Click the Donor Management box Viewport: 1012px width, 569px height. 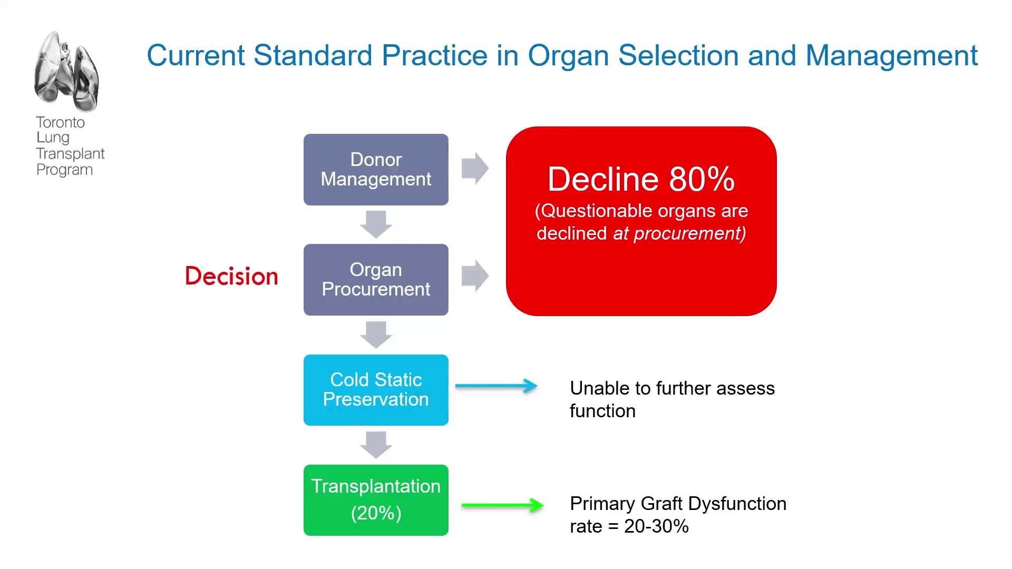coord(376,170)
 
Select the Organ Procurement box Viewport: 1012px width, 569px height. coord(376,280)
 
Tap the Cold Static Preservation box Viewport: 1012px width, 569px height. coord(376,390)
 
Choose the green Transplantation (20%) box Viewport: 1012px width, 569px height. coord(376,500)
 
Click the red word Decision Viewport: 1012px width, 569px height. coord(231,276)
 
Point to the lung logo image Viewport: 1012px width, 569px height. coord(66,71)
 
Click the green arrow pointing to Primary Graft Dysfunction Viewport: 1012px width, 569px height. coord(502,505)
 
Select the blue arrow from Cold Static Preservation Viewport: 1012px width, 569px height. coord(497,386)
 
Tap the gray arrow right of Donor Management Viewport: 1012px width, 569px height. coord(475,169)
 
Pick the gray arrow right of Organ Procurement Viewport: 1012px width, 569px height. coord(475,276)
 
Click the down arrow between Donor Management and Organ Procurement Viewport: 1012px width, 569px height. coord(376,224)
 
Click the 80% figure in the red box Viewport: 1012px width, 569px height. coord(702,179)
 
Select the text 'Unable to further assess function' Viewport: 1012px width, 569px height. coord(672,399)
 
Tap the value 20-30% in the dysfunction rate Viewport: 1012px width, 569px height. coord(656,526)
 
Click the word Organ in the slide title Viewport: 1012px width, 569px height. coord(568,56)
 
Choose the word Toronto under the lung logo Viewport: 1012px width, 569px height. coord(60,122)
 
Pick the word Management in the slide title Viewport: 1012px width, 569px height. coord(891,56)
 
